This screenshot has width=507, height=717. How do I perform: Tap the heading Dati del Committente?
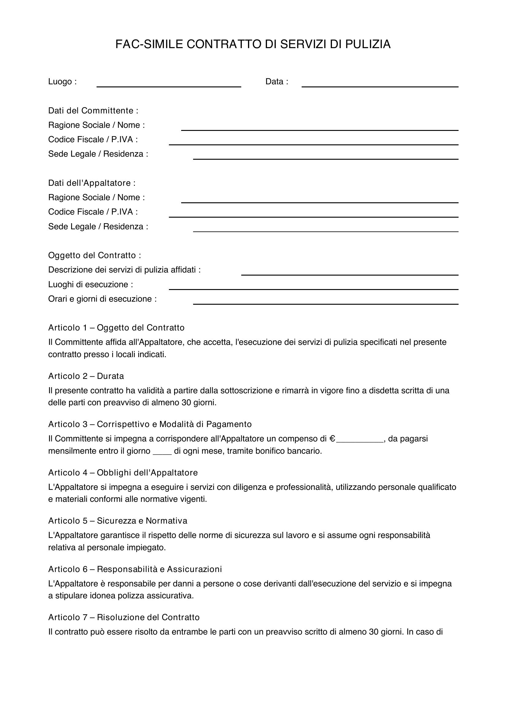[93, 111]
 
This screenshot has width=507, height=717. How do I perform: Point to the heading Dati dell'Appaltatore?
[92, 183]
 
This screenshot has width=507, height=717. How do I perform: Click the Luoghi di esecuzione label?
[90, 284]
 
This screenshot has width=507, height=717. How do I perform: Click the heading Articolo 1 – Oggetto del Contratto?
[116, 328]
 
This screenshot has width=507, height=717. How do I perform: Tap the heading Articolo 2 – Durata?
[86, 376]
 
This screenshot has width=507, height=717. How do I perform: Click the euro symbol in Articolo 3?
[333, 439]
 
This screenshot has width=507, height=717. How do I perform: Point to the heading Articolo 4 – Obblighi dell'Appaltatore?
[123, 472]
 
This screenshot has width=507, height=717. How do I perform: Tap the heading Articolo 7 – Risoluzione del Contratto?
[124, 617]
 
